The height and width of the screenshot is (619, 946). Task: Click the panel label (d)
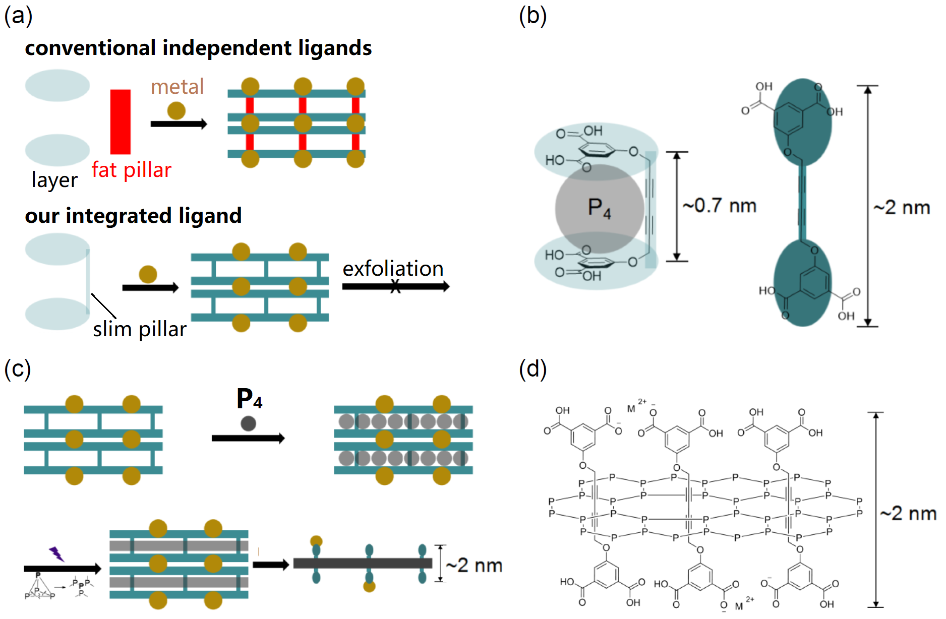pyautogui.click(x=533, y=369)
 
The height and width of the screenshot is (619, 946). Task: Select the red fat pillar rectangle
pyautogui.click(x=121, y=121)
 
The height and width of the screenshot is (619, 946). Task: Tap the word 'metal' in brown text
pyautogui.click(x=177, y=87)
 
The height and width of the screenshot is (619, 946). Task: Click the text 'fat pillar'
pyautogui.click(x=131, y=170)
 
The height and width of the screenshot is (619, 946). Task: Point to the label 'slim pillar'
pyautogui.click(x=140, y=329)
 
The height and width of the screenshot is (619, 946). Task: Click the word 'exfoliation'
pyautogui.click(x=393, y=269)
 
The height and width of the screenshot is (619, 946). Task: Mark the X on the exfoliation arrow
pyautogui.click(x=395, y=287)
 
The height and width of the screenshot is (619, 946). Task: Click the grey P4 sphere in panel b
pyautogui.click(x=599, y=208)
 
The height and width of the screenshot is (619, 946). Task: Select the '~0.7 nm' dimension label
pyautogui.click(x=720, y=206)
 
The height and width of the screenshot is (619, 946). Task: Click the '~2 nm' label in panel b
pyautogui.click(x=902, y=207)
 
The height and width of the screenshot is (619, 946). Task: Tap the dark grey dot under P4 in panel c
pyautogui.click(x=248, y=423)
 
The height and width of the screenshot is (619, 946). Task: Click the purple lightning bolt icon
pyautogui.click(x=56, y=554)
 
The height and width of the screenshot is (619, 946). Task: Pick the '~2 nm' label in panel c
pyautogui.click(x=475, y=566)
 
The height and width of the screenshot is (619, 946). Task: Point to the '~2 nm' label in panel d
pyautogui.click(x=908, y=513)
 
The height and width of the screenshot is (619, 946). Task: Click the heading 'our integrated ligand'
pyautogui.click(x=133, y=216)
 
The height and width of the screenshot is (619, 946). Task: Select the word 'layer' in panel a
pyautogui.click(x=54, y=180)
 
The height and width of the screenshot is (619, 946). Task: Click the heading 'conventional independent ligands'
pyautogui.click(x=198, y=48)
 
